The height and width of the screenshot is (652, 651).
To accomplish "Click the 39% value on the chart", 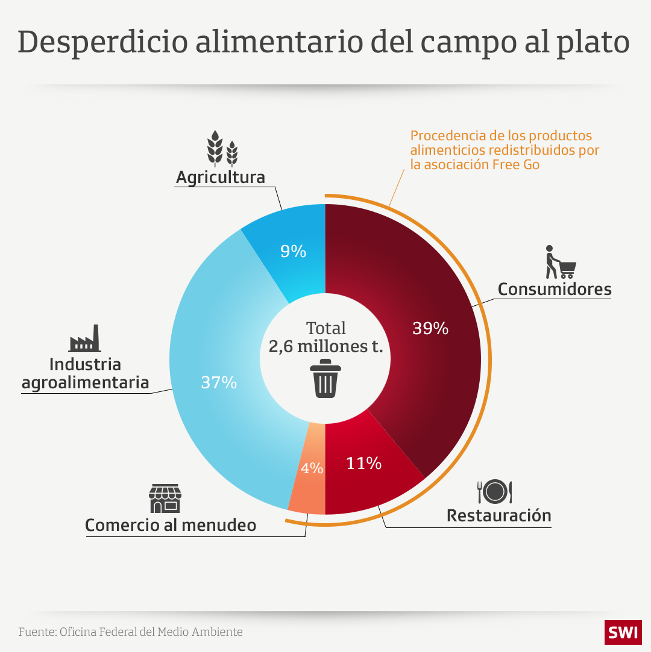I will pyautogui.click(x=430, y=329).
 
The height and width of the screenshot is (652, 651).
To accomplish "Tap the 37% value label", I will pyautogui.click(x=219, y=382).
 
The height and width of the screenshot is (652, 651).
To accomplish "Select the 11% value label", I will pyautogui.click(x=363, y=464).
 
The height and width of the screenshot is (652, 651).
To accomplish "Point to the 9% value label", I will pyautogui.click(x=294, y=252).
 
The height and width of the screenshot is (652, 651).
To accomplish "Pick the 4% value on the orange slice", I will pyautogui.click(x=312, y=468).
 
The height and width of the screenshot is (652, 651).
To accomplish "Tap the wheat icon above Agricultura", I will pyautogui.click(x=222, y=148).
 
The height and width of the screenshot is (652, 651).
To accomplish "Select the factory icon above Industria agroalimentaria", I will pyautogui.click(x=84, y=339).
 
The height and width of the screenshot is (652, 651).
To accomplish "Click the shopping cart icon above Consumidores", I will pyautogui.click(x=560, y=262).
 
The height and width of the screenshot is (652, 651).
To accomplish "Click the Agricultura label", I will pyautogui.click(x=220, y=178).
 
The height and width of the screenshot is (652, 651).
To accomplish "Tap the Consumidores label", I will pyautogui.click(x=554, y=290).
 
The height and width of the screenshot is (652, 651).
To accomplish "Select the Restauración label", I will pyautogui.click(x=498, y=516).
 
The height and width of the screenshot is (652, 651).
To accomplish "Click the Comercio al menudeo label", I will pyautogui.click(x=171, y=525).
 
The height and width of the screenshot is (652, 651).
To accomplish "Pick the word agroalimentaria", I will pyautogui.click(x=85, y=383).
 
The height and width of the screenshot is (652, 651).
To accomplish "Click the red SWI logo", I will pyautogui.click(x=623, y=632).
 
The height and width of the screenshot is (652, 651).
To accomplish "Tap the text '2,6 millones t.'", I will pyautogui.click(x=325, y=347).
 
